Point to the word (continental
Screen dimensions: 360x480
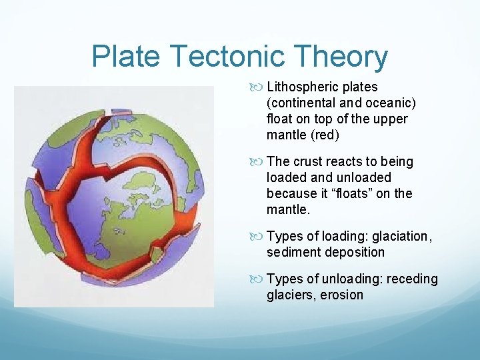304,103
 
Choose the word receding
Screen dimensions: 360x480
409,279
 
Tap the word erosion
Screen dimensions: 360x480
343,295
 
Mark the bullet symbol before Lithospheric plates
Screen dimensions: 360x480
259,87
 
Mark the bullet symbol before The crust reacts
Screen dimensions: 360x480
259,162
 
